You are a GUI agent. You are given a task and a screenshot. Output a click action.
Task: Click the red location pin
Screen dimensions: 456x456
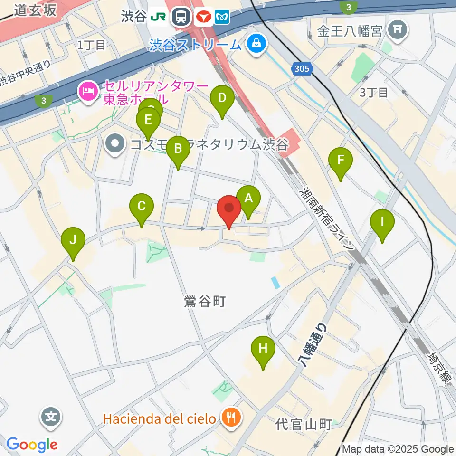point(229,209)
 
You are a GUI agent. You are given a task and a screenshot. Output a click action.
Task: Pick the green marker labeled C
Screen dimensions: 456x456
point(141,207)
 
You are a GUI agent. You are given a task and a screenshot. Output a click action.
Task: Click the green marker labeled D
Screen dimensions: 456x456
point(222,99)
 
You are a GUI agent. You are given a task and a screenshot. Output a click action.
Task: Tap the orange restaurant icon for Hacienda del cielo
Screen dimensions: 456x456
point(232,418)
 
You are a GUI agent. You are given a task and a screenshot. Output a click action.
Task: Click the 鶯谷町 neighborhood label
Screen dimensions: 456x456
point(204,301)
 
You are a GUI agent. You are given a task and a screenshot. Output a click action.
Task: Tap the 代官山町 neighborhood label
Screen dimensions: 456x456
point(303,424)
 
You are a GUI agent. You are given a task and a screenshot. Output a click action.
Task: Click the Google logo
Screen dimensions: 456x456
point(32,445)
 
